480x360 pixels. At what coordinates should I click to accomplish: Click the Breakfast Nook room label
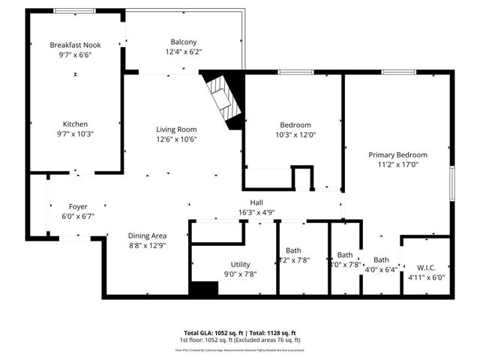pyautogui.click(x=75, y=45)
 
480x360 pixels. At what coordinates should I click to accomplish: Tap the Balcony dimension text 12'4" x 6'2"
pyautogui.click(x=183, y=52)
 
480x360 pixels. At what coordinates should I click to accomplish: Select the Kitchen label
pyautogui.click(x=75, y=124)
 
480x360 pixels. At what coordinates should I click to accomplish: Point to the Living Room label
pyautogui.click(x=176, y=129)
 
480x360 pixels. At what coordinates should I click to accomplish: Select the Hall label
pyautogui.click(x=256, y=202)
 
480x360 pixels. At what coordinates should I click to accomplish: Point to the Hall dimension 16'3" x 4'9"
pyautogui.click(x=256, y=212)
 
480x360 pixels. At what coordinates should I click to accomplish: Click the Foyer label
pyautogui.click(x=78, y=205)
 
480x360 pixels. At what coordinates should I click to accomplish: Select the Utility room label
pyautogui.click(x=240, y=264)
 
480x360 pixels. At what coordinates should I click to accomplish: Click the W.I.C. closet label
pyautogui.click(x=420, y=267)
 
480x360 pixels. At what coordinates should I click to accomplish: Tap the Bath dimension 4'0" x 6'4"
pyautogui.click(x=381, y=270)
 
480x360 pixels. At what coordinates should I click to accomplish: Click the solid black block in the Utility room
pyautogui.click(x=202, y=289)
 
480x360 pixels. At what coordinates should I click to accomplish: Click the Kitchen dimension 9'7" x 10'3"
pyautogui.click(x=75, y=134)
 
